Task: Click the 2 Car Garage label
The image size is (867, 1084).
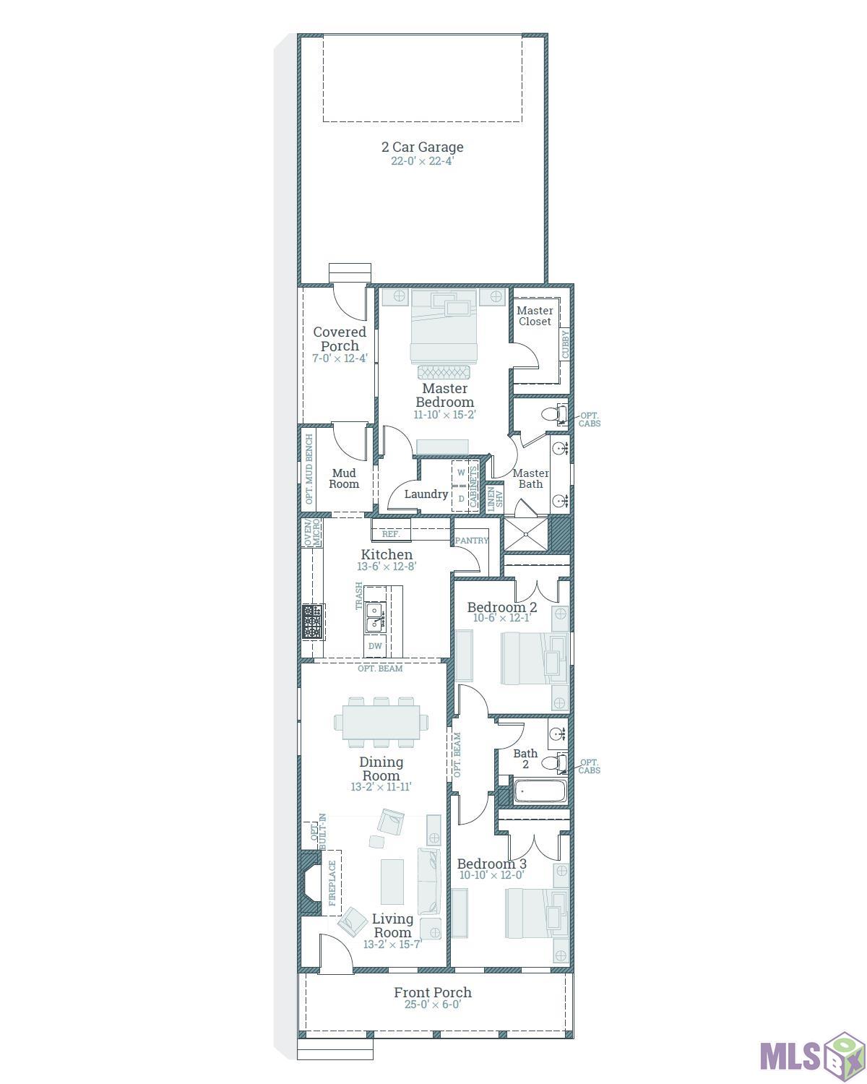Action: [x=422, y=147]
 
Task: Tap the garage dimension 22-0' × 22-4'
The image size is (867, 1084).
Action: [x=422, y=161]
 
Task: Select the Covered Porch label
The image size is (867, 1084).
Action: [x=340, y=339]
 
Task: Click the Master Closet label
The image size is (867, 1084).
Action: [x=535, y=316]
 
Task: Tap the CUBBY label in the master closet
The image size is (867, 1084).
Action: [x=565, y=344]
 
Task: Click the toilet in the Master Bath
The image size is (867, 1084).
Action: [x=554, y=414]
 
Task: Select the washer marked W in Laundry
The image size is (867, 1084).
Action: [x=461, y=472]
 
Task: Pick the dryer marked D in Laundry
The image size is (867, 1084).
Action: [x=461, y=499]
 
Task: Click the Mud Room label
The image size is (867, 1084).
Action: [x=344, y=478]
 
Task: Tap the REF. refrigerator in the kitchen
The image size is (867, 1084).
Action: [x=391, y=533]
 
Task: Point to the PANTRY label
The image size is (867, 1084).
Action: [x=471, y=541]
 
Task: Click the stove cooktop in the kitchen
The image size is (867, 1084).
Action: [x=312, y=621]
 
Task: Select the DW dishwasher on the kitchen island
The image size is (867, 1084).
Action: [x=375, y=646]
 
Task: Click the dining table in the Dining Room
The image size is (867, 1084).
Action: [x=381, y=722]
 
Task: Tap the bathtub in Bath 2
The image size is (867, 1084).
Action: [x=540, y=791]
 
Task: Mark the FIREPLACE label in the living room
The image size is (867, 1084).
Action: [x=332, y=883]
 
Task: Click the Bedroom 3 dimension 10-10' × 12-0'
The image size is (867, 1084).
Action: [x=491, y=875]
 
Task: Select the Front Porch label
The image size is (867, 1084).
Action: [x=432, y=992]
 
